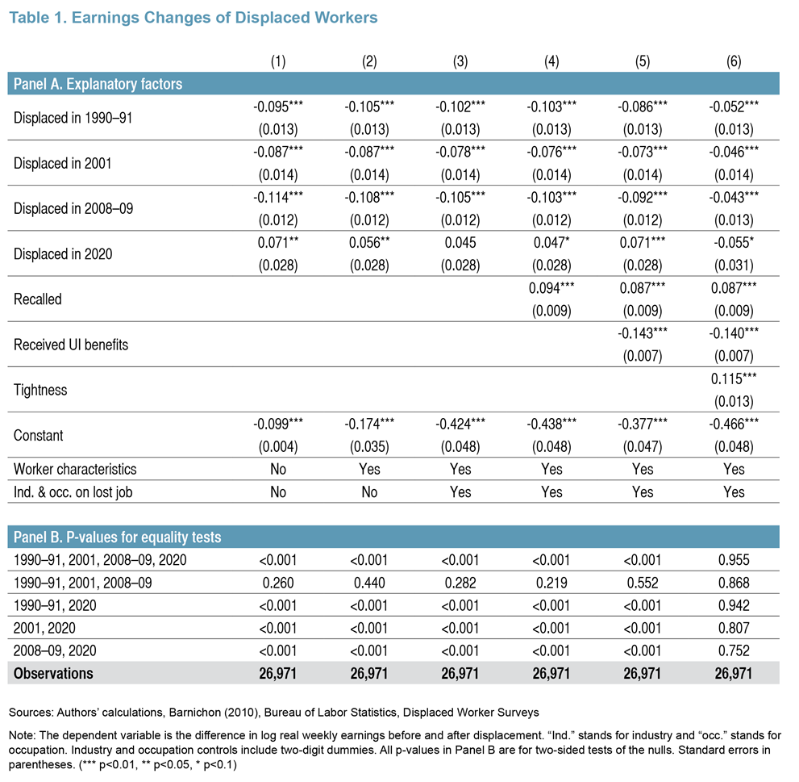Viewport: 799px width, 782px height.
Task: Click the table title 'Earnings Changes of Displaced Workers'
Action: pyautogui.click(x=224, y=17)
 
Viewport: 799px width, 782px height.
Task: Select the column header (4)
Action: pyautogui.click(x=551, y=61)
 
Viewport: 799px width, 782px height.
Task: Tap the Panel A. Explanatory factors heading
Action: pyautogui.click(x=98, y=84)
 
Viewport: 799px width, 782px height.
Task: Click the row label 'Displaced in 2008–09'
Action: pyautogui.click(x=73, y=209)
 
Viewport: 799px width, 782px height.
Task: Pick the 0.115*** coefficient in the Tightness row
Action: pyautogui.click(x=733, y=378)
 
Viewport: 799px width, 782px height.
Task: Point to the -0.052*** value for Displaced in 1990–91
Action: pyautogui.click(x=733, y=107)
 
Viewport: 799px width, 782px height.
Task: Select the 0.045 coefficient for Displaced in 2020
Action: pyautogui.click(x=460, y=243)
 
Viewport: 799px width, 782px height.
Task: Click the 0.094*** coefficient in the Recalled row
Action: pyautogui.click(x=551, y=288)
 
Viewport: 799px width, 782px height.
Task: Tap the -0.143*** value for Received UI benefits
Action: pyautogui.click(x=642, y=333)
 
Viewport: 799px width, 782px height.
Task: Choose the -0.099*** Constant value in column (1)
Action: pyautogui.click(x=277, y=424)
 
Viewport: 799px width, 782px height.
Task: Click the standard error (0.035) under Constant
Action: pyautogui.click(x=369, y=447)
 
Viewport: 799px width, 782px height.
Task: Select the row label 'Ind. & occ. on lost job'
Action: pyautogui.click(x=73, y=492)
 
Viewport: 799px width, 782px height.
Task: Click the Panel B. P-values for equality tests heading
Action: pyautogui.click(x=117, y=537)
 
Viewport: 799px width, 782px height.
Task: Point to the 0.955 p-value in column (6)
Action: pyautogui.click(x=733, y=560)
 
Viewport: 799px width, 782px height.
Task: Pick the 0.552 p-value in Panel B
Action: pyautogui.click(x=642, y=583)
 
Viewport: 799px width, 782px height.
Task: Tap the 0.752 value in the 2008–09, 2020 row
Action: pyautogui.click(x=733, y=651)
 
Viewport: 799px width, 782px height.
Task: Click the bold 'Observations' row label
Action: pyautogui.click(x=53, y=673)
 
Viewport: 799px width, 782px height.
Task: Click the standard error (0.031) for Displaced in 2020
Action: pyautogui.click(x=733, y=266)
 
